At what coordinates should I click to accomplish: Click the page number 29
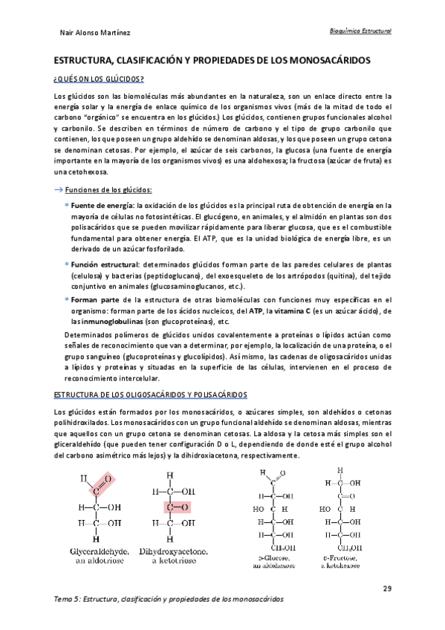click(x=387, y=588)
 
